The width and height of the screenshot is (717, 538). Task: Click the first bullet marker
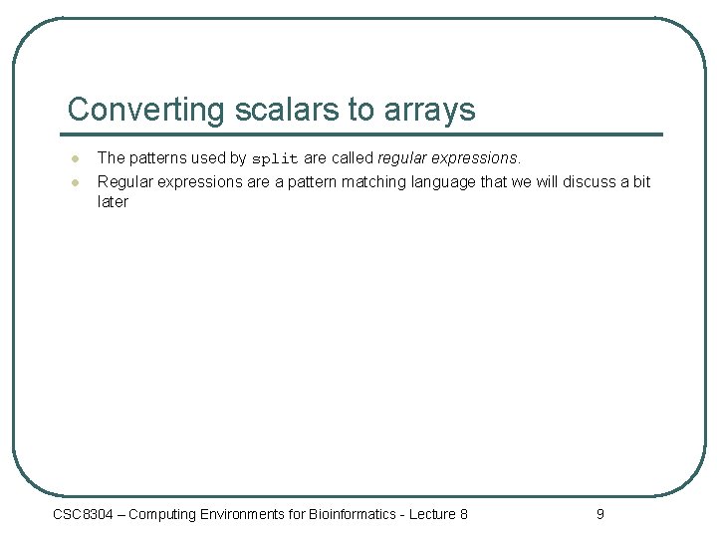74,158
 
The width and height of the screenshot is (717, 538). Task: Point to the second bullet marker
74,182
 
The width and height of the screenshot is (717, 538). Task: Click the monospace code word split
274,158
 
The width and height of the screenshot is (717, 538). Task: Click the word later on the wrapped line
113,201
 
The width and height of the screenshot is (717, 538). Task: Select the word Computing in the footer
164,514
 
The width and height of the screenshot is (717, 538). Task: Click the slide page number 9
599,514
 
